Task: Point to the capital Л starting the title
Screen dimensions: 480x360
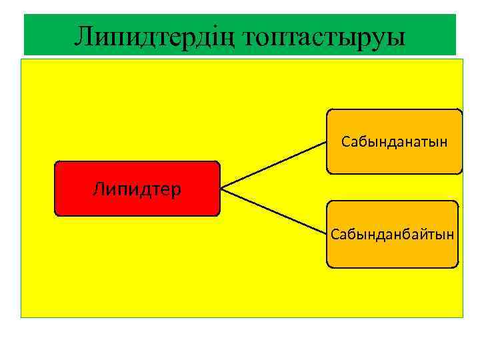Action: click(x=83, y=37)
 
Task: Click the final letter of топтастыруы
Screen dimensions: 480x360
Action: click(x=398, y=38)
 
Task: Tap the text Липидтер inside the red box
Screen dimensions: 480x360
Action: click(x=137, y=190)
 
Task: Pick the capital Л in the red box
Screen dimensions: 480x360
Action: click(x=99, y=190)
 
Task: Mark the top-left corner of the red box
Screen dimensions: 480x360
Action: click(x=55, y=162)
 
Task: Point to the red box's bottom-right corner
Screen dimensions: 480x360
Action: click(x=218, y=215)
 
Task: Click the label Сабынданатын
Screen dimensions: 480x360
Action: click(x=394, y=141)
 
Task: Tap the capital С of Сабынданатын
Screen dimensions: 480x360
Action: click(x=345, y=141)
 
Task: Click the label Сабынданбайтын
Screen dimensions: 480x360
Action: click(x=393, y=234)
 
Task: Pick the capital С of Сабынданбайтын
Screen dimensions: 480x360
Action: click(x=334, y=234)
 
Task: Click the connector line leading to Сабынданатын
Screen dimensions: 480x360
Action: click(x=273, y=165)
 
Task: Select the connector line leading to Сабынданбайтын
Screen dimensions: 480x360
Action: click(x=273, y=211)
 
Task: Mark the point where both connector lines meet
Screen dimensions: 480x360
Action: click(x=221, y=189)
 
